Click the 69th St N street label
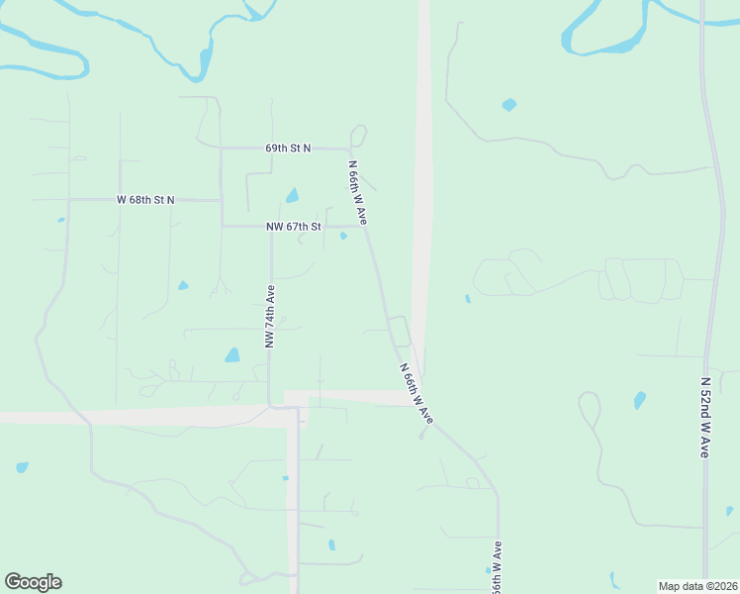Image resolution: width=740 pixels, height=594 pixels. [x=288, y=148]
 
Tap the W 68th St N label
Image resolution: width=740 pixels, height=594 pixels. [x=145, y=200]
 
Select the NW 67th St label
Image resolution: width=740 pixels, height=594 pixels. [x=294, y=227]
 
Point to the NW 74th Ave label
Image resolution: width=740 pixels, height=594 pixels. [x=269, y=316]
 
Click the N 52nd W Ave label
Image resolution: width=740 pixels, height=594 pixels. [x=705, y=416]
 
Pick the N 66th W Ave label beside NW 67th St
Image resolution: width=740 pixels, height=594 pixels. [x=357, y=193]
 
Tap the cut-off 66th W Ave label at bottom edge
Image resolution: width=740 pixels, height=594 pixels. [x=498, y=566]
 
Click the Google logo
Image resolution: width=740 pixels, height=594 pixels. [x=33, y=582]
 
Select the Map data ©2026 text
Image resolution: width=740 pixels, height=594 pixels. [x=698, y=585]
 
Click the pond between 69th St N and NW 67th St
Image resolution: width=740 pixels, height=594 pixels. [x=292, y=196]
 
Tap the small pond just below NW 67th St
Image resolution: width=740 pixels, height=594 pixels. [x=343, y=236]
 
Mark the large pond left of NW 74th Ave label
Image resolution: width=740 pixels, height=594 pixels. [x=232, y=354]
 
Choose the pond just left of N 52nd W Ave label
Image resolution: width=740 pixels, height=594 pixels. [x=640, y=400]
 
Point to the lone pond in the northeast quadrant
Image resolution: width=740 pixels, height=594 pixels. [x=509, y=104]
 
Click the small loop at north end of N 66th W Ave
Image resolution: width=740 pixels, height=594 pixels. [x=358, y=135]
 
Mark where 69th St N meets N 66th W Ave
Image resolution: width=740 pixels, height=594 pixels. [x=352, y=149]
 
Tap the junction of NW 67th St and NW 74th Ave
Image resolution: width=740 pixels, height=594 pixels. [x=271, y=227]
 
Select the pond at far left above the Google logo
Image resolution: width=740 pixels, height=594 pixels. [x=22, y=467]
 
